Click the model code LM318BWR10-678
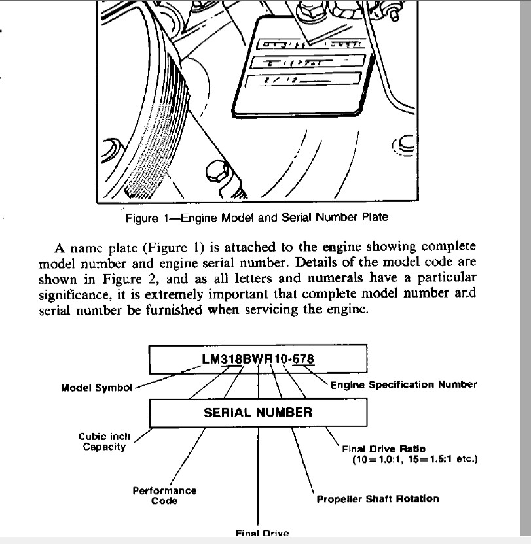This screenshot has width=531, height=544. point(258,359)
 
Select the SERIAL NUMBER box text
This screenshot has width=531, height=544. point(258,412)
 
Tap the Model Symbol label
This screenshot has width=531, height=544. point(96,387)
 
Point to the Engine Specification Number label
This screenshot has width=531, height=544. point(403,384)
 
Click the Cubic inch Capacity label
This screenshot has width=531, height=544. point(104,441)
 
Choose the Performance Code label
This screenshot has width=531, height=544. point(164,495)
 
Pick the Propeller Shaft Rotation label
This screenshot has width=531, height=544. point(378,498)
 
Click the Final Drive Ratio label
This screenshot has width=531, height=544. point(384,449)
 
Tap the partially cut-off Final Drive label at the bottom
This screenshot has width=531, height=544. point(262,533)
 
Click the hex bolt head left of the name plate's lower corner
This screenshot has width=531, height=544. point(216,173)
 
